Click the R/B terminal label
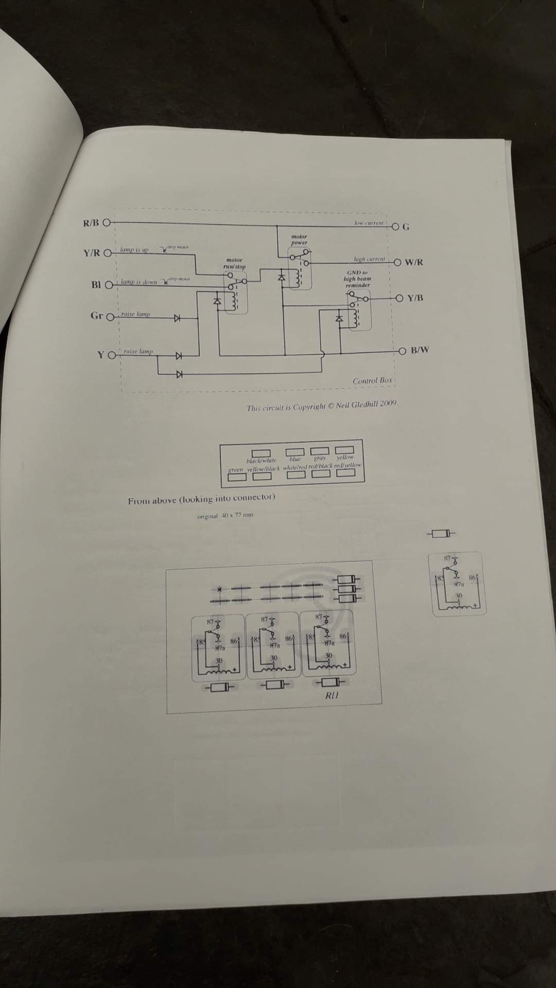click(91, 223)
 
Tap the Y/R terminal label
click(92, 253)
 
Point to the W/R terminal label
click(414, 262)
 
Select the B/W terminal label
click(420, 350)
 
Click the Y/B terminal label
click(415, 298)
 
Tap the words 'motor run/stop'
click(234, 263)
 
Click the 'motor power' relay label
click(299, 240)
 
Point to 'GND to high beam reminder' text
click(357, 278)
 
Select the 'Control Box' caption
click(372, 380)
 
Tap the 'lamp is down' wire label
click(139, 282)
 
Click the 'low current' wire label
click(369, 223)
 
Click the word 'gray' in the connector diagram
click(320, 457)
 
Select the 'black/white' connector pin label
click(262, 461)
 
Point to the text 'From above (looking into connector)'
click(201, 498)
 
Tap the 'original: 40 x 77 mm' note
click(225, 515)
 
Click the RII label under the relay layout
click(332, 695)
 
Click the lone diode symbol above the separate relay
click(441, 533)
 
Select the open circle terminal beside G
click(395, 226)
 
